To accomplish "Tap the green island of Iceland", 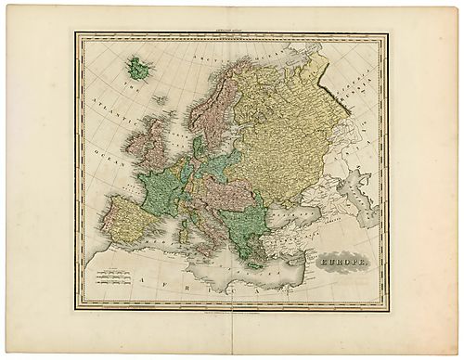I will point(140,66).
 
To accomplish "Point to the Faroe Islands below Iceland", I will point(160,99).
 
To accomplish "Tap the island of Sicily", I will point(202,251).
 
